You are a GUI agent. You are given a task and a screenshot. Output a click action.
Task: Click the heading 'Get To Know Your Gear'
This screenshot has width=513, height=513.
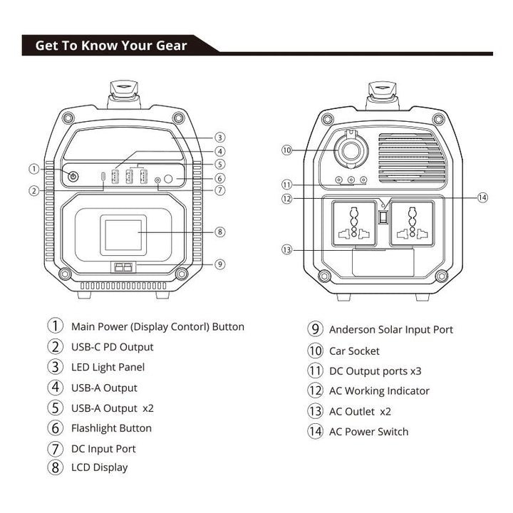coord(111,46)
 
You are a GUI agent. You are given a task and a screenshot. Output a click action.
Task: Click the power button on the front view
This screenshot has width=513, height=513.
coord(73,176)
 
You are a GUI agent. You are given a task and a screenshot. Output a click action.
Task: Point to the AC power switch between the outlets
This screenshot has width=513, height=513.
coord(382,217)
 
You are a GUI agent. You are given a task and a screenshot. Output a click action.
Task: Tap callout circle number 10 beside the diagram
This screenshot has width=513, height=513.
coord(287,150)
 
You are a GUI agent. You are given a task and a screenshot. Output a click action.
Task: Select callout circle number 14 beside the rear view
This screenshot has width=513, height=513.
coord(482,197)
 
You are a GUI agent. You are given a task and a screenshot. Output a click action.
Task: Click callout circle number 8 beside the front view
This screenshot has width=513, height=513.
coord(220,232)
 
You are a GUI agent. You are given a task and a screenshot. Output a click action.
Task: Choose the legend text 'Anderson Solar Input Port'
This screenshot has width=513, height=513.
coord(390,329)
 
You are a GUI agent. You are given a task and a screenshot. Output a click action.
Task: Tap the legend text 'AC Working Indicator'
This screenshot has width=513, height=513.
coord(379,391)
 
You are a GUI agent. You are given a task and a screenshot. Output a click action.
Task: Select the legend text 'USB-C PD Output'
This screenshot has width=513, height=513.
coord(112,348)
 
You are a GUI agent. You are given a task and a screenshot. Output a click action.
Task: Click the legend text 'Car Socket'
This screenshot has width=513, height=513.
coord(354,351)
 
